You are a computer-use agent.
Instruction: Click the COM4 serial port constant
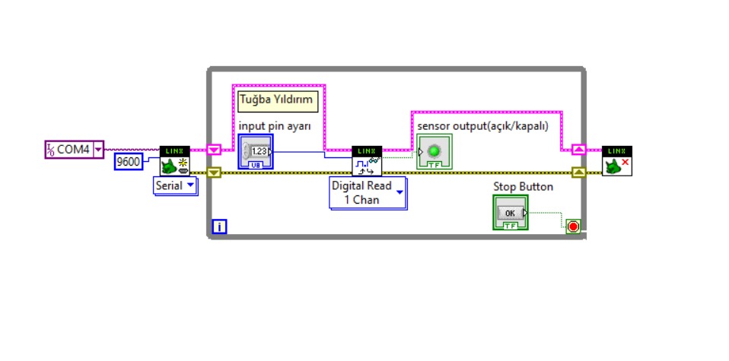click(74, 150)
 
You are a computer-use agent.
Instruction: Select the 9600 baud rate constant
click(128, 161)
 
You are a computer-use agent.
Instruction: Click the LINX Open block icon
click(174, 161)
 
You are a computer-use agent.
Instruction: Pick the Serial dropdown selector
click(175, 185)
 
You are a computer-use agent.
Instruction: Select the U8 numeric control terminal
click(255, 152)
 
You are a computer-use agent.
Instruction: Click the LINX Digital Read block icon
click(367, 161)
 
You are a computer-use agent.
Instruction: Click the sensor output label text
click(482, 125)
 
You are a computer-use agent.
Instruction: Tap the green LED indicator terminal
click(435, 151)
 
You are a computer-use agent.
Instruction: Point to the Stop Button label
click(523, 186)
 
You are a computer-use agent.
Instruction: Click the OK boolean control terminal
click(510, 212)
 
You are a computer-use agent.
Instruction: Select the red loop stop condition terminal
click(573, 226)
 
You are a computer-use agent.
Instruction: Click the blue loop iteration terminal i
click(219, 226)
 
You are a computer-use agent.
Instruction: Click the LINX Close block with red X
click(616, 161)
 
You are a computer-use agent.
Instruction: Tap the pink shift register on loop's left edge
click(214, 150)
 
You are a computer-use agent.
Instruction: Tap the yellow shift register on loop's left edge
click(214, 173)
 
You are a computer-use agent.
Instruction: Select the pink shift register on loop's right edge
click(579, 150)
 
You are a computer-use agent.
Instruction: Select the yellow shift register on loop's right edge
click(579, 173)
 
